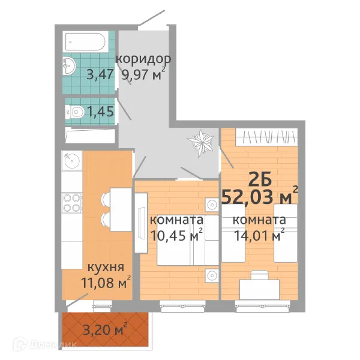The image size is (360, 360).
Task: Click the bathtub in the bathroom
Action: coord(85,42)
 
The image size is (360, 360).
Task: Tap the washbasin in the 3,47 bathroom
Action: coord(68,65)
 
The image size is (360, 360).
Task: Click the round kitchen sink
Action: coord(72,160)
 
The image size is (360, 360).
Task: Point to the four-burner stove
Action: coord(71,203)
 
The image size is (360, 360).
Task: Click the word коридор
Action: coord(143,59)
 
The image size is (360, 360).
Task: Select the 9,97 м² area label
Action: coord(143,74)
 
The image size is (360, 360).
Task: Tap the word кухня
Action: coord(106,268)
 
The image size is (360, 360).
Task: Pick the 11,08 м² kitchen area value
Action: coord(106,282)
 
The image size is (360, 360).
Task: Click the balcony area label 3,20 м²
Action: coord(105,330)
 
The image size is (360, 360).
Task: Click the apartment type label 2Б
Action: coord(260,180)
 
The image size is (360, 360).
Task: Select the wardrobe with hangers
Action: coord(266,137)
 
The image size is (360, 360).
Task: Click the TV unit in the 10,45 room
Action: coord(141,223)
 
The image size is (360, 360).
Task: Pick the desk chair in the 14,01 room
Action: coord(259,275)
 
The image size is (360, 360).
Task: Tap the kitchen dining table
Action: coord(121,209)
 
